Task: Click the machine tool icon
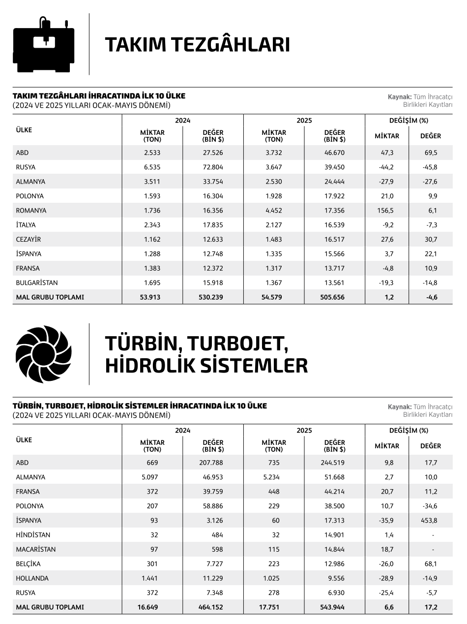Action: (x=44, y=44)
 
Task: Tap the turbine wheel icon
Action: (x=44, y=354)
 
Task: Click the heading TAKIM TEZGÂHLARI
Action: (x=197, y=44)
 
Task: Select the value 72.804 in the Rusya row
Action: (x=213, y=167)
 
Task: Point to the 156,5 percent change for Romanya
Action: (x=387, y=210)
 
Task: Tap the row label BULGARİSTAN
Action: (x=37, y=283)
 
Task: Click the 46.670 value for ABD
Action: (x=334, y=153)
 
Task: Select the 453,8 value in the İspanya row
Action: (x=430, y=520)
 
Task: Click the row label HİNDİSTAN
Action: (x=33, y=535)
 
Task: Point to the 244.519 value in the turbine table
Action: (x=332, y=463)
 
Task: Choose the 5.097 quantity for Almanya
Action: (x=152, y=477)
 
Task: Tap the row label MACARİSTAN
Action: (x=36, y=549)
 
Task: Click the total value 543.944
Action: (x=332, y=607)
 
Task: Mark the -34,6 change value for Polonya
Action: (x=430, y=506)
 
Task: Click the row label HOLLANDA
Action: (x=32, y=578)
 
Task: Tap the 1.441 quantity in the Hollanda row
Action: (x=152, y=578)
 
